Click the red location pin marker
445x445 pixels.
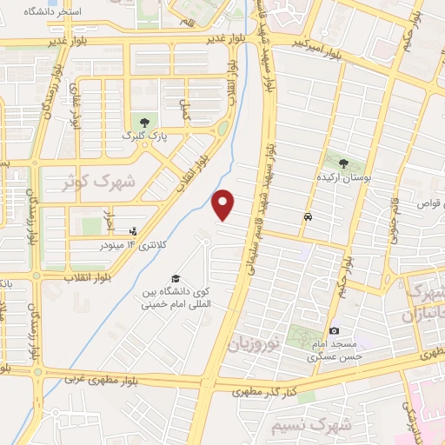[224, 205]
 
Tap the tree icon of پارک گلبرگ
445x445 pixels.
[143, 122]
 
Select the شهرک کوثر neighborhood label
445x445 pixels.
[100, 183]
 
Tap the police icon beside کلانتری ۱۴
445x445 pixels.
[132, 231]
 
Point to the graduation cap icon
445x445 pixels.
[176, 278]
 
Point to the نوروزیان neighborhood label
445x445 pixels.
[257, 343]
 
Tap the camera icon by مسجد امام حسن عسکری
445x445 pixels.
[334, 330]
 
